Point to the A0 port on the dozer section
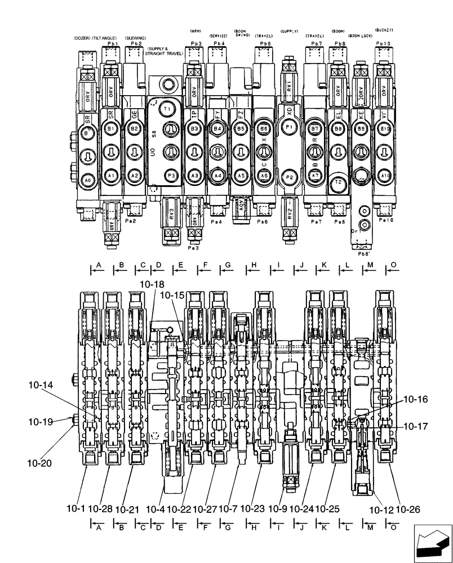point(87,180)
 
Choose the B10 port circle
point(385,129)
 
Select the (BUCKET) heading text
point(384,29)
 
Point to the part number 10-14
point(39,385)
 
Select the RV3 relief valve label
point(172,217)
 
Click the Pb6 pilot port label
point(265,43)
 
